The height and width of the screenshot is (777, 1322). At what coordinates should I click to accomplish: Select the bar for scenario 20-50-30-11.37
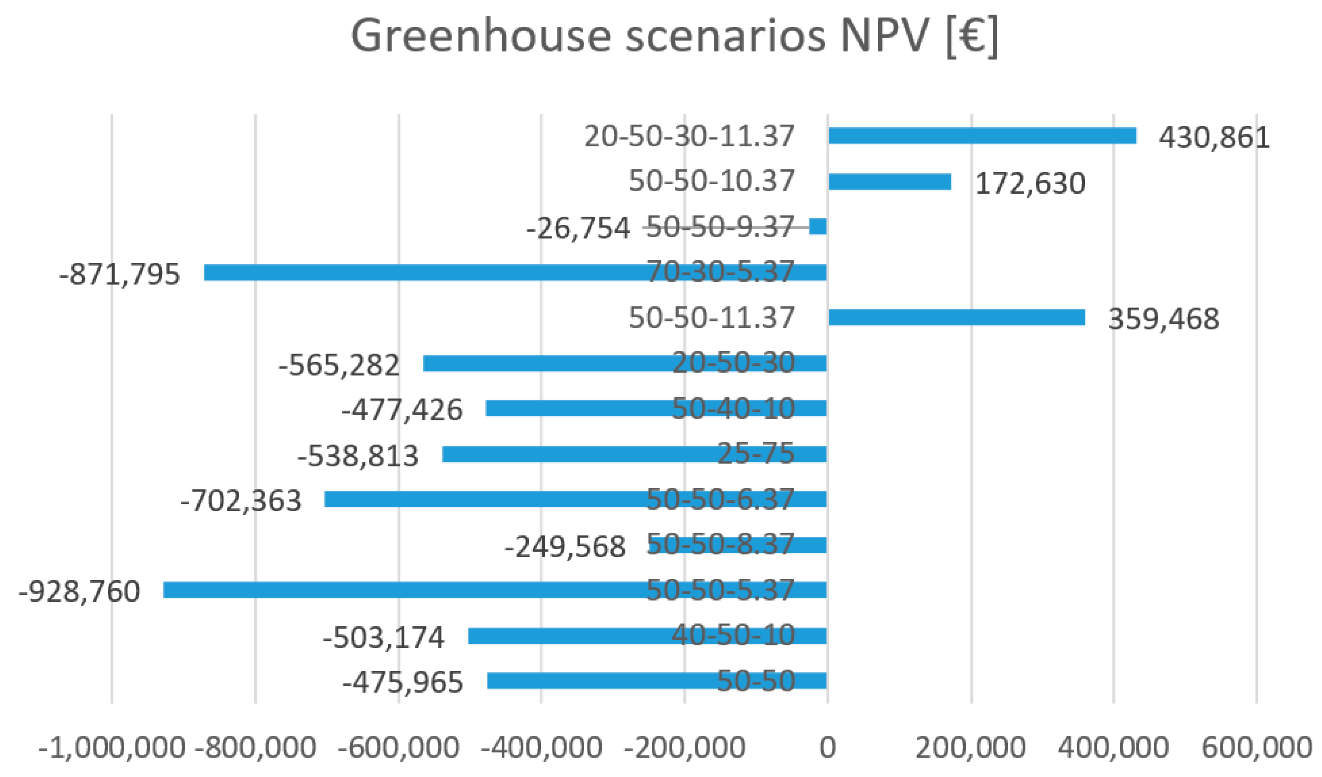[982, 135]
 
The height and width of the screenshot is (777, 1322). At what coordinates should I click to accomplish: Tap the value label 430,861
[1214, 137]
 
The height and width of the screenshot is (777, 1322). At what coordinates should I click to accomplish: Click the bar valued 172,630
[890, 182]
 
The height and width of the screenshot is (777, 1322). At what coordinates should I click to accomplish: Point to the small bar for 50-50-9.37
[818, 226]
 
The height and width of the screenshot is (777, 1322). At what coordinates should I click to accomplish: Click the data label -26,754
[578, 229]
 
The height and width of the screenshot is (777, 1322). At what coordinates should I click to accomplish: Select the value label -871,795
[119, 274]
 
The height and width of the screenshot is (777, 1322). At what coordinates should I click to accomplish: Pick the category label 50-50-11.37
[711, 318]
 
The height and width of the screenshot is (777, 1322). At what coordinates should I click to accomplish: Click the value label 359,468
[1163, 319]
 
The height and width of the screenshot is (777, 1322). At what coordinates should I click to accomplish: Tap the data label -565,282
[339, 365]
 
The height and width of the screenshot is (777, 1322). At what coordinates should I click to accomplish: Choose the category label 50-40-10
[733, 408]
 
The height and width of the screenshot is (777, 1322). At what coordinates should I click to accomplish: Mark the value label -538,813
[358, 455]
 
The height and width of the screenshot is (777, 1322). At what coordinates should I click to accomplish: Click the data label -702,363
[241, 500]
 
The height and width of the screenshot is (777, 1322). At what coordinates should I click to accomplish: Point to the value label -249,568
[565, 547]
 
